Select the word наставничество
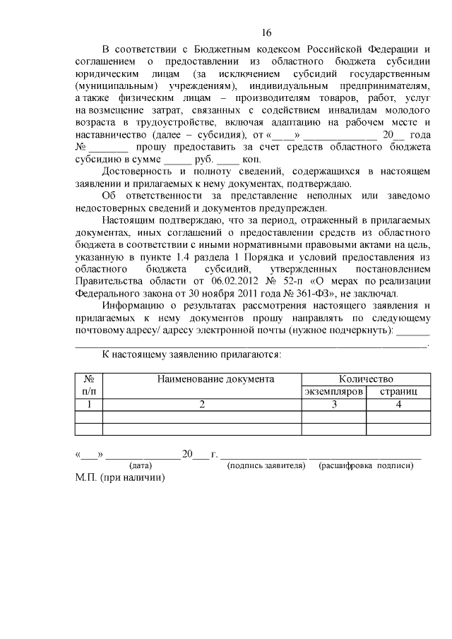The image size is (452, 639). coord(112,135)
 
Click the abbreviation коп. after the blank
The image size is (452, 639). coord(252,160)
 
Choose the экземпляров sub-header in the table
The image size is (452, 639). coord(333,391)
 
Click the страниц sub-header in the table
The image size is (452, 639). coord(398,391)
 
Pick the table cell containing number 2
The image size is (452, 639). coord(202,404)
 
